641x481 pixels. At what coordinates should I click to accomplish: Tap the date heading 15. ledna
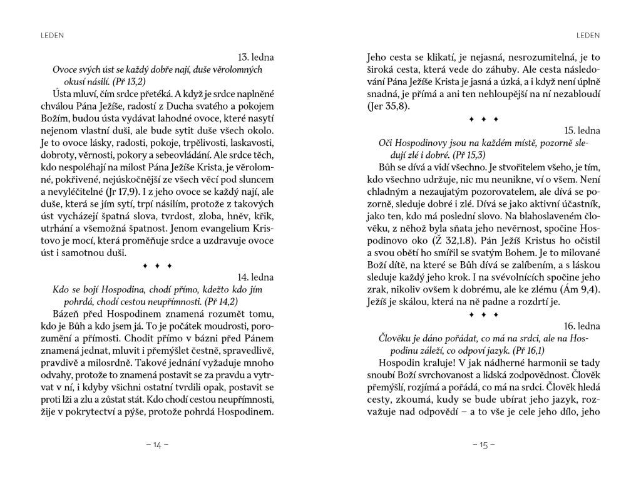582,131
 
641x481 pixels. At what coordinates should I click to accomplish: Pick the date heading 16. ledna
582,326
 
